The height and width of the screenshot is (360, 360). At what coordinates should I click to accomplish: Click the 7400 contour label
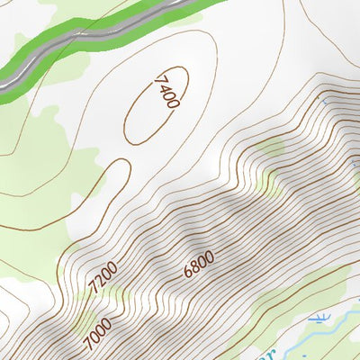click(166, 91)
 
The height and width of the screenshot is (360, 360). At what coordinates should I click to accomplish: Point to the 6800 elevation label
click(198, 263)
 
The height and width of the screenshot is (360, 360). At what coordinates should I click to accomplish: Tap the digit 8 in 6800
click(195, 265)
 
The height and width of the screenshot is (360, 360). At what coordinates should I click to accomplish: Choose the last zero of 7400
click(173, 103)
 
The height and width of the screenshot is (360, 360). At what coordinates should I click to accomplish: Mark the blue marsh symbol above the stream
click(319, 318)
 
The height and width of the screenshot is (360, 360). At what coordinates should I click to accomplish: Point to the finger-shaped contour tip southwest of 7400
click(115, 166)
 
